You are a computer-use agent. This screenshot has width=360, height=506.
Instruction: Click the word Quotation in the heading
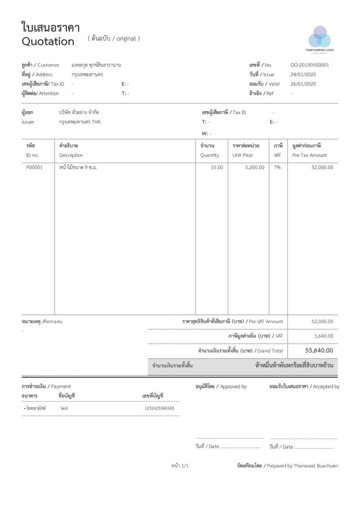[48, 42]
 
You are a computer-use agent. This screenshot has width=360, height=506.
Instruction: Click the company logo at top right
[320, 38]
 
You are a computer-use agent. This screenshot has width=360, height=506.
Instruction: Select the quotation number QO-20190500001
[310, 65]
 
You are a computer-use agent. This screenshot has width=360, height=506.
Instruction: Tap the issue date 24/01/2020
[303, 75]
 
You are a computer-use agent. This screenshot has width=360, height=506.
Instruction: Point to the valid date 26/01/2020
[303, 84]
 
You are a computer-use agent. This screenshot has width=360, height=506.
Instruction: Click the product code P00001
[35, 168]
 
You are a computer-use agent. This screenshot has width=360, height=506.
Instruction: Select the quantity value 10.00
[217, 168]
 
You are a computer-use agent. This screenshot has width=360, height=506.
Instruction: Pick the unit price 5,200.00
[254, 168]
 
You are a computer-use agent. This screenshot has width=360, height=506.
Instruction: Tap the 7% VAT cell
[278, 168]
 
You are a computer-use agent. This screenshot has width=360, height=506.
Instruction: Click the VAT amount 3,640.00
[323, 336]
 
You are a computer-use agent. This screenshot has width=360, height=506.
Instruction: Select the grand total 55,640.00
[319, 351]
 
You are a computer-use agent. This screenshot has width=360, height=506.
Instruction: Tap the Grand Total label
[270, 351]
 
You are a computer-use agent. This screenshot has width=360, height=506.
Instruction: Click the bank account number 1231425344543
[159, 409]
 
